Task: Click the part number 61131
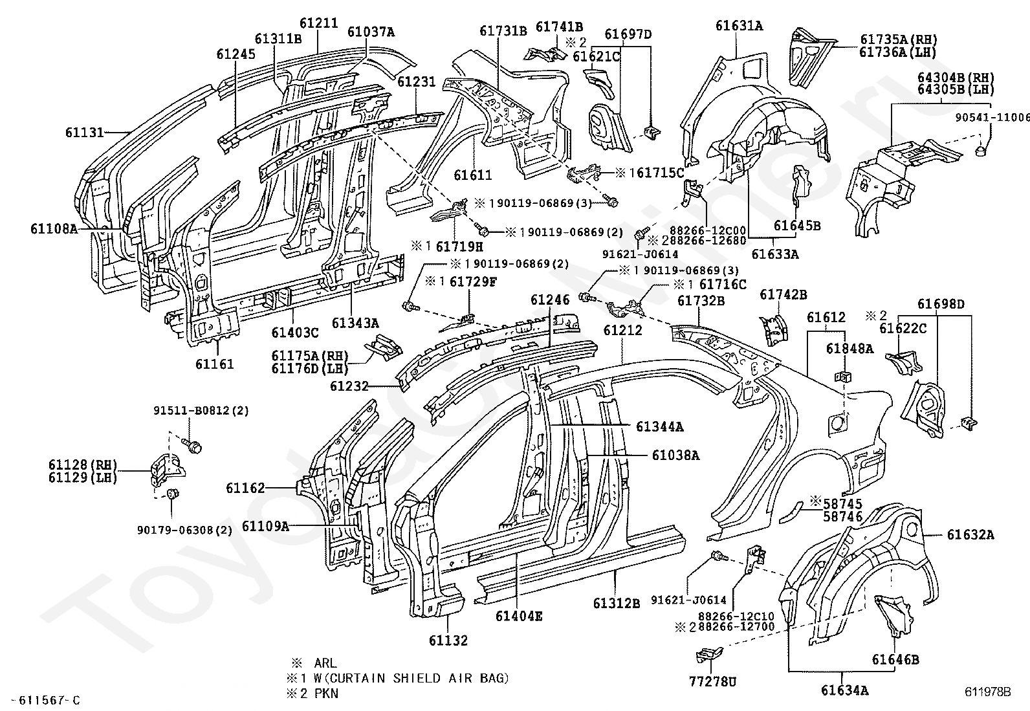pyautogui.click(x=84, y=132)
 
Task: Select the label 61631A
pyautogui.click(x=738, y=26)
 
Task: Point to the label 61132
pyautogui.click(x=448, y=640)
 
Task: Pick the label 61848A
pyautogui.click(x=849, y=349)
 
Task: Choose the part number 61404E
pyautogui.click(x=519, y=616)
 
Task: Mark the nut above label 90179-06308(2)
pyautogui.click(x=173, y=495)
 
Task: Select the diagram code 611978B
pyautogui.click(x=987, y=692)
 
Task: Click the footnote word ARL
pyautogui.click(x=325, y=663)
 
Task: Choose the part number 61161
pyautogui.click(x=215, y=364)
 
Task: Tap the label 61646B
pyautogui.click(x=895, y=659)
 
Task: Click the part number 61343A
pyautogui.click(x=355, y=323)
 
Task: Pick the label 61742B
pyautogui.click(x=783, y=294)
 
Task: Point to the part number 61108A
pyautogui.click(x=54, y=228)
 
